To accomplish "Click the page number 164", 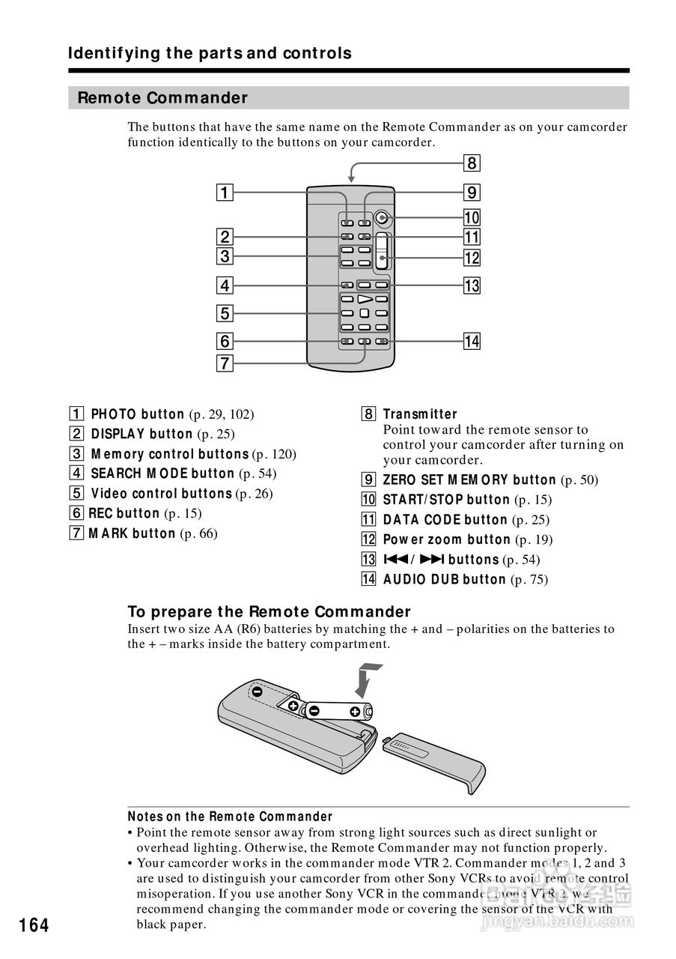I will pos(34,925).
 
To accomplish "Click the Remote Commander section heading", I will pos(162,98).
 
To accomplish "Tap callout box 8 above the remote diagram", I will pos(471,163).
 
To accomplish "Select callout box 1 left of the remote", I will pos(224,193).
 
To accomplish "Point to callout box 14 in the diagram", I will pos(471,342).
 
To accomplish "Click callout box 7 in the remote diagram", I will pos(224,364).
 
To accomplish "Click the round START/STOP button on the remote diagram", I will pos(383,219).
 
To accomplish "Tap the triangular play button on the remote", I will pos(366,300).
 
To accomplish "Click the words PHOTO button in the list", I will pos(138,414).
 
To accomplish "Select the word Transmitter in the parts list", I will pos(420,414).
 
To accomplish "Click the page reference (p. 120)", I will pos(274,454).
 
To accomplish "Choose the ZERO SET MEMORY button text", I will pos(469,480).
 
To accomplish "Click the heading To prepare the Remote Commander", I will pos(270,612).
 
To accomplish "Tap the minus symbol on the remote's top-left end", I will pos(257,692).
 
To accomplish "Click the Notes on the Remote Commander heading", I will pos(230,817).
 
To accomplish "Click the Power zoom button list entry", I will pos(447,539).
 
